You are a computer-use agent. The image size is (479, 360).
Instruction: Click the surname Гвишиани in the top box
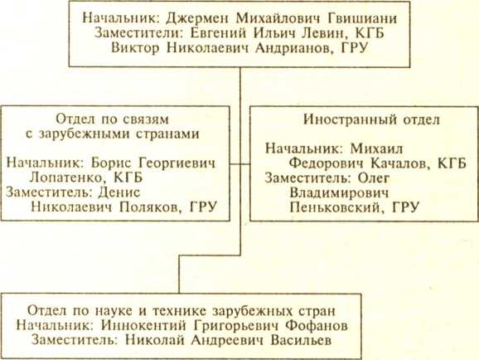(362, 18)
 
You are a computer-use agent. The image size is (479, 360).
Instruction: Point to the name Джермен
(197, 18)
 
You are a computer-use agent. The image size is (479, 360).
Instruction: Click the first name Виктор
(135, 48)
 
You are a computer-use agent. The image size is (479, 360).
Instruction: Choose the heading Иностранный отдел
(371, 119)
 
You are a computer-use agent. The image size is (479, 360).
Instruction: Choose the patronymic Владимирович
(339, 192)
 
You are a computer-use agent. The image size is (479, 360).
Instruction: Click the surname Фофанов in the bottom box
(317, 325)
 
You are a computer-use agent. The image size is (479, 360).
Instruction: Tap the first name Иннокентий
(143, 325)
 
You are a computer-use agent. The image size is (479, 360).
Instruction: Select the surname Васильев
(301, 340)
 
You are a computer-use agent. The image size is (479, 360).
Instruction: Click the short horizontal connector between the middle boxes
(239, 164)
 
